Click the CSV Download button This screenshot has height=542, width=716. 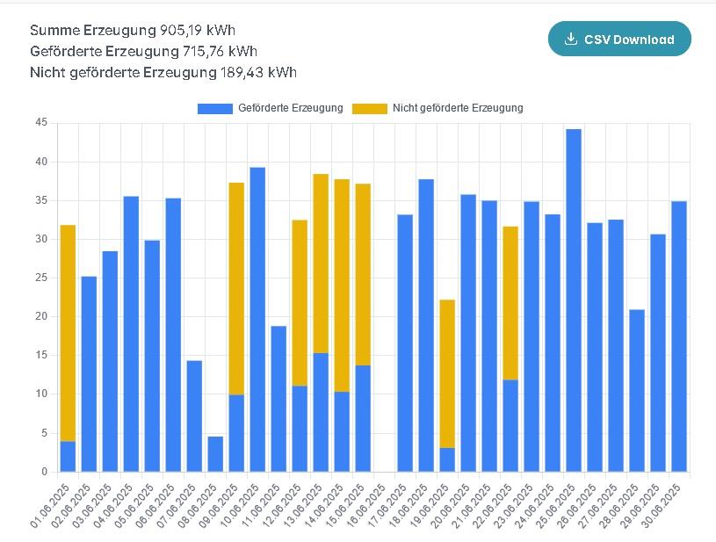click(619, 39)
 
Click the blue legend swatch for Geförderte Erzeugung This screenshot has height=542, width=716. click(215, 108)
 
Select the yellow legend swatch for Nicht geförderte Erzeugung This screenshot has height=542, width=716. click(369, 108)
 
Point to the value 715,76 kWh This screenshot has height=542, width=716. click(221, 52)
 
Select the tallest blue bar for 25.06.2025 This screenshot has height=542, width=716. click(574, 299)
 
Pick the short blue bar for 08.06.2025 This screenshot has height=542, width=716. click(215, 454)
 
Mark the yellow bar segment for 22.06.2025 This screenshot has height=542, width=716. click(510, 303)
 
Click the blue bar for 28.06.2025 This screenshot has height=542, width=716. click(637, 390)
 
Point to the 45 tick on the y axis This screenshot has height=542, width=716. click(41, 123)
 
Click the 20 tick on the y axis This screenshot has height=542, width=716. click(41, 316)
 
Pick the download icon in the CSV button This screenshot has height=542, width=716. click(571, 39)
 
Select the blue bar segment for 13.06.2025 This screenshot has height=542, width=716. click(321, 412)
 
